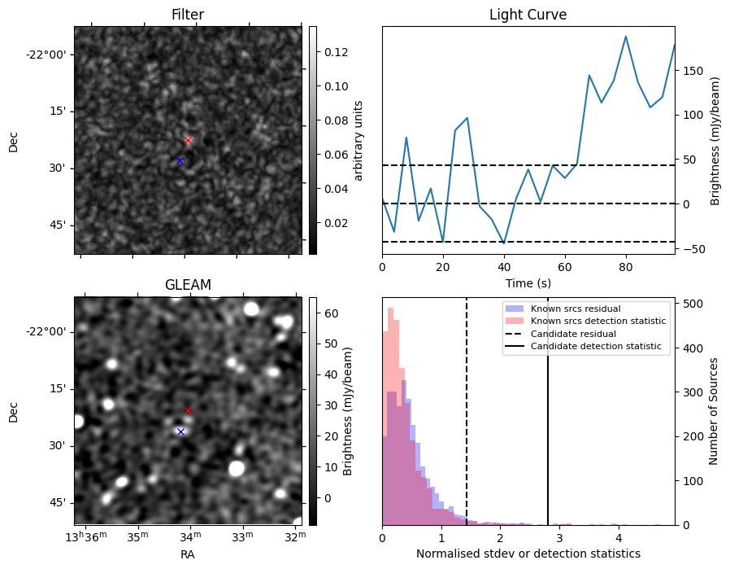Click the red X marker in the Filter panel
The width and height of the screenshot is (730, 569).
tap(188, 140)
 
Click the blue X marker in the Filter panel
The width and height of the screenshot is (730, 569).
tap(180, 161)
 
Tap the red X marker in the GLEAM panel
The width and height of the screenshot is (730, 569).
tap(188, 410)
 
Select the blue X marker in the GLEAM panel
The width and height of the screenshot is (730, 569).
tap(180, 431)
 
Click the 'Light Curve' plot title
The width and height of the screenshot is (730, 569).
tap(528, 15)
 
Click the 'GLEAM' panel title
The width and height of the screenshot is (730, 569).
tap(188, 285)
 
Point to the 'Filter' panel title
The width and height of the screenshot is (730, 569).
tap(188, 15)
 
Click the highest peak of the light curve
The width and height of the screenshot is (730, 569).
tap(626, 37)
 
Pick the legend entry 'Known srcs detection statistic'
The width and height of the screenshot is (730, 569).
tap(597, 321)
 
